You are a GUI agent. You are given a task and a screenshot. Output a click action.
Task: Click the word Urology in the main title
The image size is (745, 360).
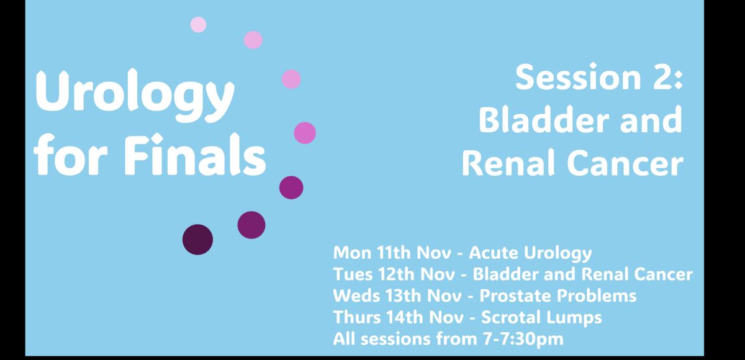[x=135, y=95]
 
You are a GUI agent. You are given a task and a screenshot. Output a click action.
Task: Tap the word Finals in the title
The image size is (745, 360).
[x=195, y=154]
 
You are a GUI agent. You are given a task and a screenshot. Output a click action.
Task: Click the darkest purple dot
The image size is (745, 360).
[x=197, y=240]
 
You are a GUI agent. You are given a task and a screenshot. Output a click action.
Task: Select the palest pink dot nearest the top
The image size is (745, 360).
[x=198, y=25]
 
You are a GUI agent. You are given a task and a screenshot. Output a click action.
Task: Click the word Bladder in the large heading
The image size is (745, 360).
[x=544, y=120]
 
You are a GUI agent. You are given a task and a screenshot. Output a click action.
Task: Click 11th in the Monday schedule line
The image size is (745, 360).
[x=394, y=253]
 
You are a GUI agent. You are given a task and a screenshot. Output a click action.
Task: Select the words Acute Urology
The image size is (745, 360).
[x=530, y=253]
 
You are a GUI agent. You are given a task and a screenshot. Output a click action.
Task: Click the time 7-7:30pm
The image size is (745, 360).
[x=523, y=339]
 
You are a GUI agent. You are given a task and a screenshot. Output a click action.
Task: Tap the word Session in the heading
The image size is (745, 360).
[x=579, y=78]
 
